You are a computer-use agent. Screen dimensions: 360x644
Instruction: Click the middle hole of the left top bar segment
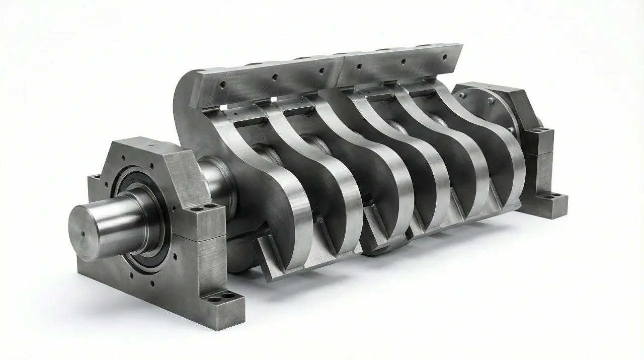[x=274, y=78]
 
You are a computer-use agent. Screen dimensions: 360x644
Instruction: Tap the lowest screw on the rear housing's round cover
[x=512, y=130]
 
